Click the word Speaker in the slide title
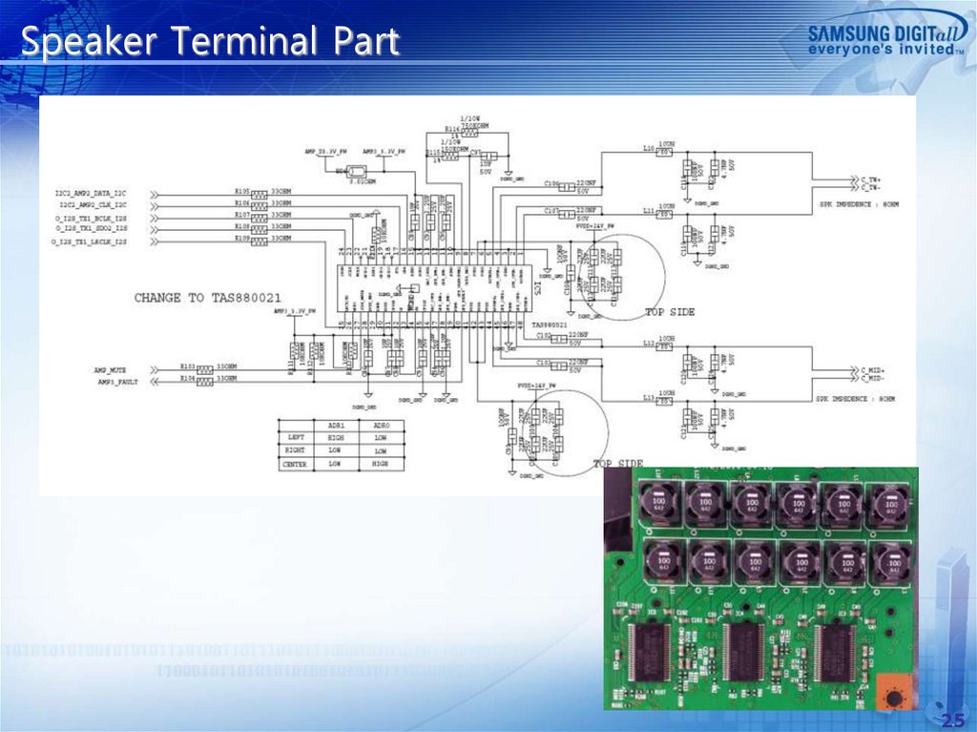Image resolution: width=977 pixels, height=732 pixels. pyautogui.click(x=78, y=43)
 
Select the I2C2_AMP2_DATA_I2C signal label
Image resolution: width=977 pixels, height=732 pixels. pyautogui.click(x=91, y=194)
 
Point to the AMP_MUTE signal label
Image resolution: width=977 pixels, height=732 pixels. pyautogui.click(x=112, y=368)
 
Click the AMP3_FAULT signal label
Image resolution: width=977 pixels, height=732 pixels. pyautogui.click(x=114, y=381)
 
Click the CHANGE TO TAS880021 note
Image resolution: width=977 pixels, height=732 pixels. pyautogui.click(x=208, y=298)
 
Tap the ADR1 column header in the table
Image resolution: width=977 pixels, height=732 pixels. pyautogui.click(x=335, y=426)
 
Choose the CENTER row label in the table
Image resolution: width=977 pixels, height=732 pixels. pyautogui.click(x=294, y=464)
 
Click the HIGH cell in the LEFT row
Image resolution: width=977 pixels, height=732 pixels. pyautogui.click(x=335, y=438)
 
